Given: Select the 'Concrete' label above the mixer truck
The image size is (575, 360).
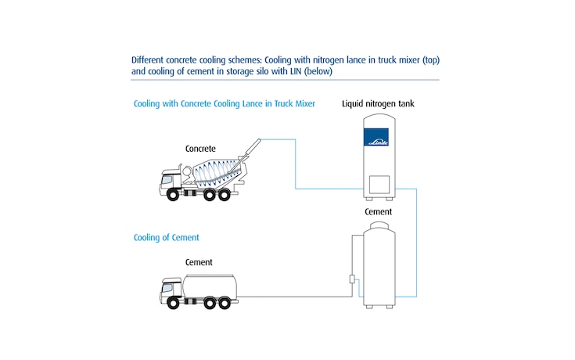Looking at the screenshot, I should (x=200, y=148).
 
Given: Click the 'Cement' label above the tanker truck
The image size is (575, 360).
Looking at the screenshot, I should (x=199, y=262).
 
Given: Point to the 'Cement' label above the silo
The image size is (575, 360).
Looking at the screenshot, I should (x=379, y=212).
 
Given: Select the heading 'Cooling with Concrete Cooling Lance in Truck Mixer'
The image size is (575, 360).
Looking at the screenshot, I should (x=224, y=104).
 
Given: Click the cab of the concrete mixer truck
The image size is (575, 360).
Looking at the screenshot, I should (x=173, y=182).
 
